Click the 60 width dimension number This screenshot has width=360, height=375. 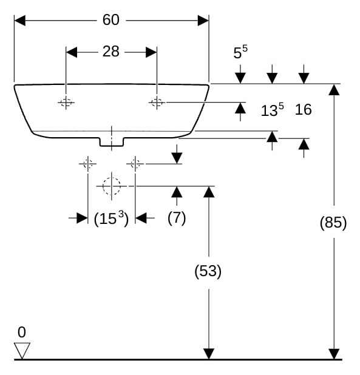point(110,20)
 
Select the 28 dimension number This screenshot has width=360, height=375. point(110,52)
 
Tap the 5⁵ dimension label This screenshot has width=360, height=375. point(240,52)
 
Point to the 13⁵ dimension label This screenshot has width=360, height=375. point(272,110)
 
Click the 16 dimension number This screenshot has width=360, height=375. point(303,110)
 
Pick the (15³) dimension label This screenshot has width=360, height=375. point(111,218)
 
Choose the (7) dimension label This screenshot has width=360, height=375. point(177,218)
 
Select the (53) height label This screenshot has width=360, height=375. point(208,271)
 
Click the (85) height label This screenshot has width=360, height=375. point(333,223)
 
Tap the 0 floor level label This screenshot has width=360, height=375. point(21,332)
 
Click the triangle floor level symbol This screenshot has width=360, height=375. point(22,351)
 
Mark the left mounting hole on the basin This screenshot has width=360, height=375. point(66,103)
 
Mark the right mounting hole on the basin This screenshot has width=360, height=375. point(157,103)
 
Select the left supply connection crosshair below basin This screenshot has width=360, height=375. point(88,164)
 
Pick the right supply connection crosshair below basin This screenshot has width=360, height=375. point(135,164)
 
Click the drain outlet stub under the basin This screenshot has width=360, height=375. point(112,142)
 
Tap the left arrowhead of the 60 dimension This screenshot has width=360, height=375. point(20,21)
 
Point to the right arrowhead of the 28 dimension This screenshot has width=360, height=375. point(151,52)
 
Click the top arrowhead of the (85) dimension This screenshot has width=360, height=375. point(334,90)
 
